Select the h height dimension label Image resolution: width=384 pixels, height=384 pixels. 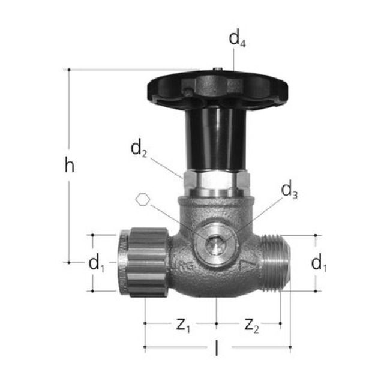pyautogui.click(x=70, y=166)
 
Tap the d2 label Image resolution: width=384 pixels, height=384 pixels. pyautogui.click(x=139, y=149)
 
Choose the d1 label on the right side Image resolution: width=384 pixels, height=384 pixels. pyautogui.click(x=319, y=262)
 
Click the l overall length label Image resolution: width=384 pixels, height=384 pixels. pyautogui.click(x=217, y=349)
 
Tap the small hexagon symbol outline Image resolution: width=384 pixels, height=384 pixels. pyautogui.click(x=142, y=200)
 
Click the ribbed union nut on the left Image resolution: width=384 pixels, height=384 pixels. pyautogui.click(x=147, y=263)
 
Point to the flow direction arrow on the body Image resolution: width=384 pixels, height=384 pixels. pyautogui.click(x=245, y=265)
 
